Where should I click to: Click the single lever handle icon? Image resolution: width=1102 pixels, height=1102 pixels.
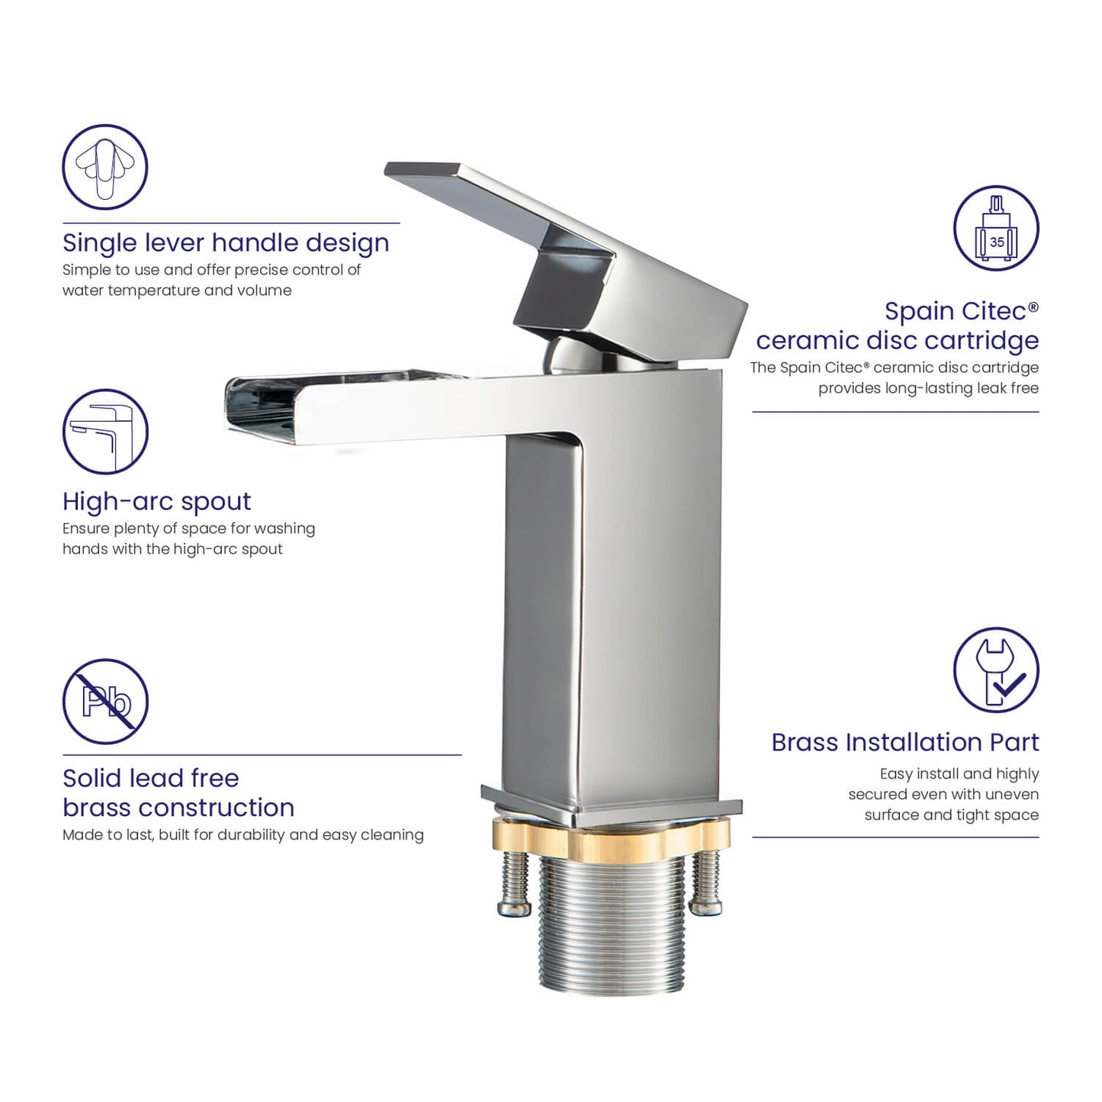pyautogui.click(x=105, y=167)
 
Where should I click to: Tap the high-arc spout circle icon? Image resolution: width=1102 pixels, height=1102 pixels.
pyautogui.click(x=105, y=432)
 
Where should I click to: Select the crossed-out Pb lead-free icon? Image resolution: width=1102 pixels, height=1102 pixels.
pyautogui.click(x=105, y=702)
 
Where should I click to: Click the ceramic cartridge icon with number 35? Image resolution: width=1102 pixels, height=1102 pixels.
pyautogui.click(x=996, y=228)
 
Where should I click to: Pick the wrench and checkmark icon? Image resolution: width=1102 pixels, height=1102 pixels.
pyautogui.click(x=996, y=670)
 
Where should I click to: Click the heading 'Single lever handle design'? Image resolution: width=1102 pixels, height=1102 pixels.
pyautogui.click(x=226, y=243)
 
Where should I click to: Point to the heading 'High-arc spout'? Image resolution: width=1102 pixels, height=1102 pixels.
pyautogui.click(x=156, y=502)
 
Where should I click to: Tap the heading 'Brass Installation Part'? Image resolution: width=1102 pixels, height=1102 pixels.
pyautogui.click(x=904, y=742)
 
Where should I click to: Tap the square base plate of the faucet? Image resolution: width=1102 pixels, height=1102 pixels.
pyautogui.click(x=612, y=806)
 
